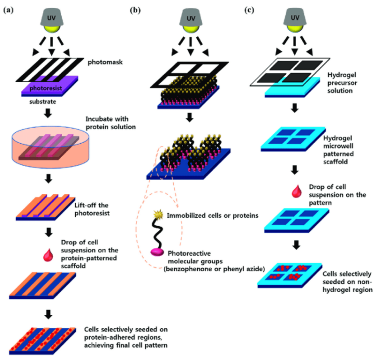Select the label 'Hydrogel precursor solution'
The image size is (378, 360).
345,82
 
